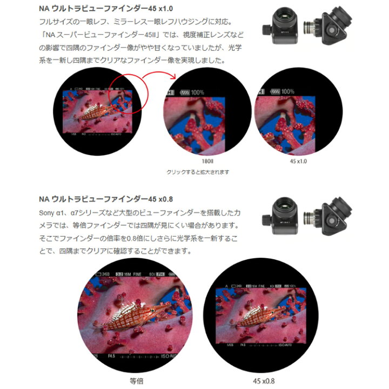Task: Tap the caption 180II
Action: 207,160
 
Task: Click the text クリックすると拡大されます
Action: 198,172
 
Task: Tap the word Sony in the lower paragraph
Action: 48,213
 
